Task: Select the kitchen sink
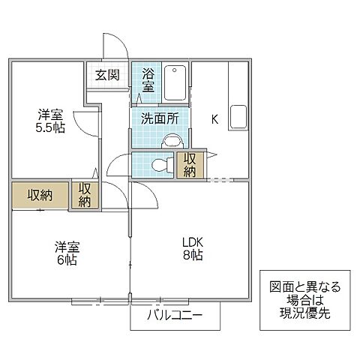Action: [238, 118]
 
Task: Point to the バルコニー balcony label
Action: [174, 316]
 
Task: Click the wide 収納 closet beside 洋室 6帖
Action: [40, 195]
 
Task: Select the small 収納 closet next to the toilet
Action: [190, 165]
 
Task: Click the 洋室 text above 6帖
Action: [65, 246]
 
